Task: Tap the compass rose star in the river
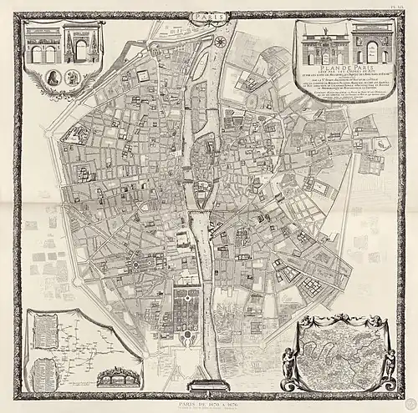pos(219,41)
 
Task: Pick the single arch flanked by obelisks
pos(81,48)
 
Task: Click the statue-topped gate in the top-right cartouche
pos(324,45)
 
